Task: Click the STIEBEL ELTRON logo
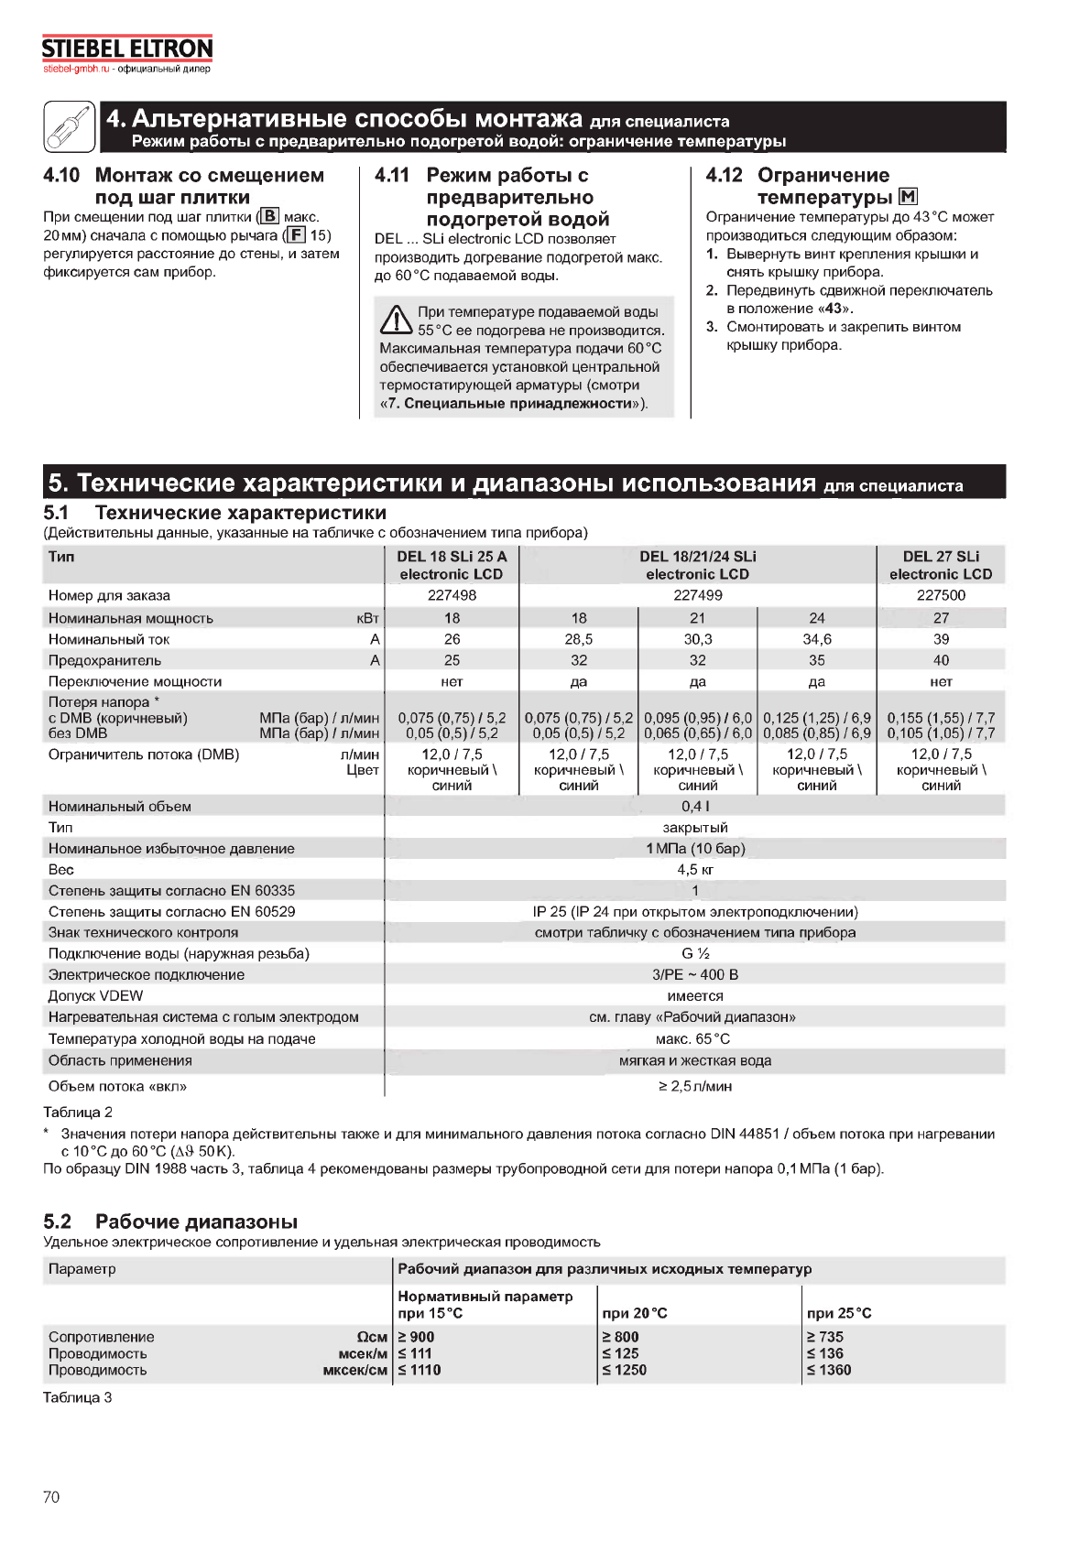tap(127, 49)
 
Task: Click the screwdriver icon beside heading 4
tap(70, 126)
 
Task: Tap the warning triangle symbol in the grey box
tap(396, 320)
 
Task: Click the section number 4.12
tap(724, 175)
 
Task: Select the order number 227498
tap(452, 595)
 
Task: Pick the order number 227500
tap(941, 595)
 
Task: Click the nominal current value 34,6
tap(816, 639)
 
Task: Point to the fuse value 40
tap(941, 660)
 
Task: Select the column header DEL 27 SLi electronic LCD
tap(941, 565)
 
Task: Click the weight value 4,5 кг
tap(695, 869)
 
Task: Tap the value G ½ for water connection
tap(695, 953)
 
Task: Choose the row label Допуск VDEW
tap(96, 995)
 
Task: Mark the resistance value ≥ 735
tap(825, 1337)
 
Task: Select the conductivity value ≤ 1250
tap(625, 1370)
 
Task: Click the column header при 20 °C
tap(635, 1313)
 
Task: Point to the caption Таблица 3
tap(78, 1397)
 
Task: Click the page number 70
tap(51, 1497)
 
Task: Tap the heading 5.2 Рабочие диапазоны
tap(170, 1222)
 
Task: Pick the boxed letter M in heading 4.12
tap(908, 197)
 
